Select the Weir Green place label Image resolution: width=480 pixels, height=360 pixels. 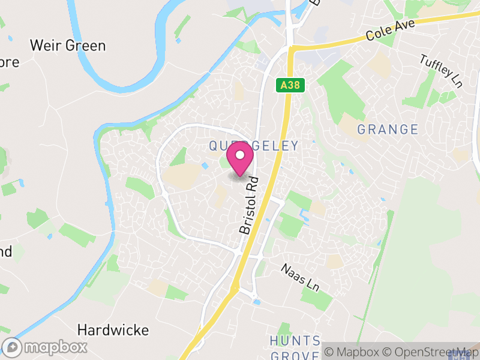click(68, 46)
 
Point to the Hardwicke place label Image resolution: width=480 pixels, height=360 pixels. click(113, 330)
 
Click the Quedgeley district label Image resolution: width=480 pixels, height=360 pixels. click(253, 145)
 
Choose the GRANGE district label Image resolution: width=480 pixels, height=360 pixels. click(388, 129)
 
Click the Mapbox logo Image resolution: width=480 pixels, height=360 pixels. click(46, 347)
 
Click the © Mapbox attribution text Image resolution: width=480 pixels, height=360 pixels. click(350, 352)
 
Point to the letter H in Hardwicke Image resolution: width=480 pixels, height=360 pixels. click(82, 330)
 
